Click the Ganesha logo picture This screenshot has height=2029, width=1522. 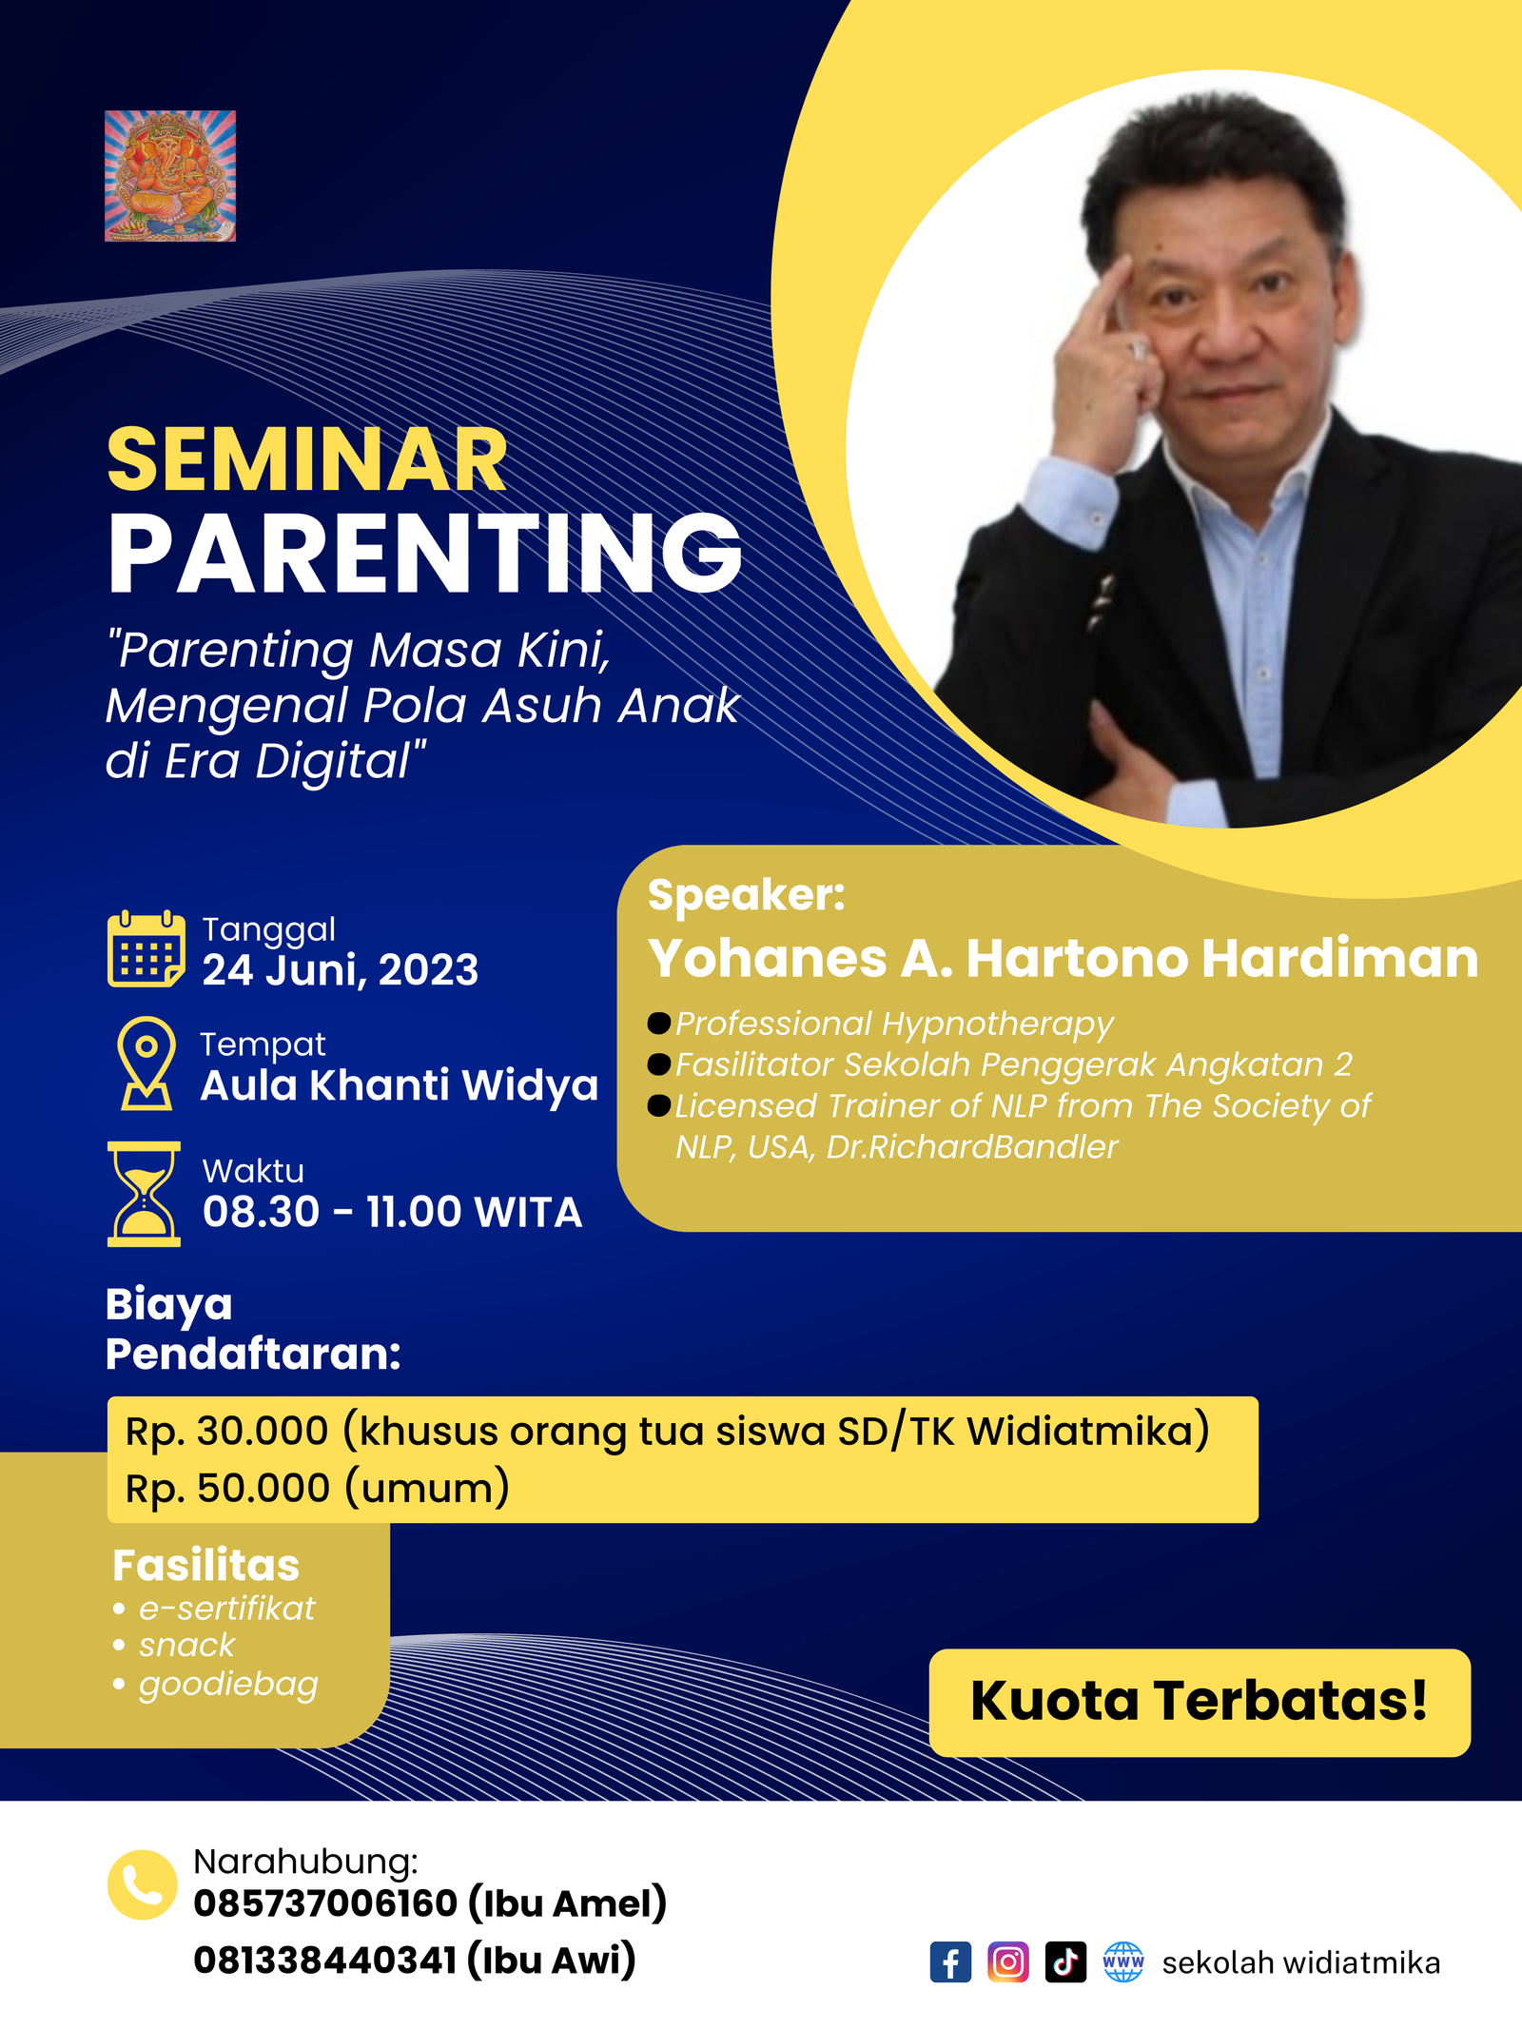click(x=170, y=176)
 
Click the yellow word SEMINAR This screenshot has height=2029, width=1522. click(x=307, y=460)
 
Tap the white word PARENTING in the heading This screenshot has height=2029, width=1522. click(x=424, y=553)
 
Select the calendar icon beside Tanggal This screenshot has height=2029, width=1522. click(x=146, y=948)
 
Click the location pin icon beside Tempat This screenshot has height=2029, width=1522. click(x=146, y=1063)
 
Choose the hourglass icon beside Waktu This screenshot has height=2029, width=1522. click(x=145, y=1194)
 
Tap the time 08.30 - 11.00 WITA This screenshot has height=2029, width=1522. click(x=392, y=1212)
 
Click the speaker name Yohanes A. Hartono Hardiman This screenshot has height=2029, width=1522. click(x=1063, y=958)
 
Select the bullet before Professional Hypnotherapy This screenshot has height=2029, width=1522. click(x=659, y=1024)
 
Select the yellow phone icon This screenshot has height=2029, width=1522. click(x=143, y=1884)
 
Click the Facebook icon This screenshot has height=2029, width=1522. click(x=950, y=1962)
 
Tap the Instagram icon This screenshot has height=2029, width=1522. click(x=1008, y=1962)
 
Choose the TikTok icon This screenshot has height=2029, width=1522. click(x=1065, y=1962)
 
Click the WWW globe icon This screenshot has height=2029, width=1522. click(x=1123, y=1962)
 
